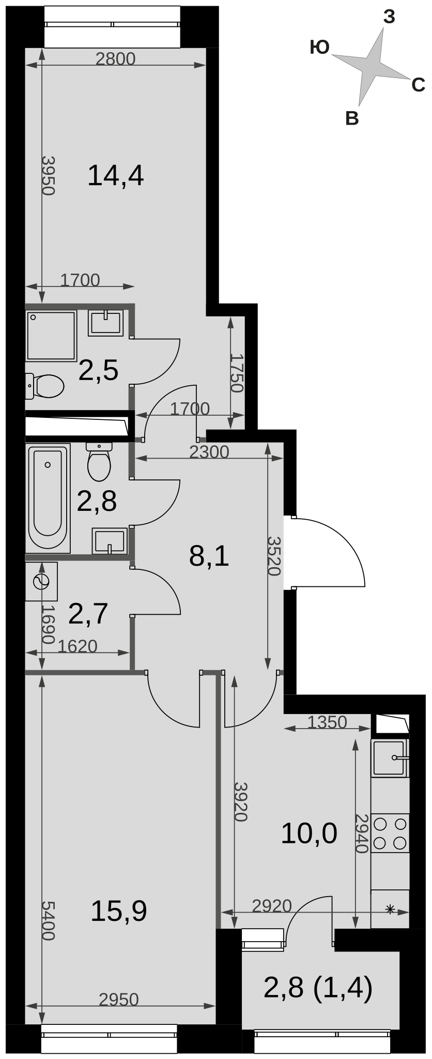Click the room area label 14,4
click(115, 175)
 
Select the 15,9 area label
click(118, 911)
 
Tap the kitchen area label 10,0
click(309, 834)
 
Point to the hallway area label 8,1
click(209, 556)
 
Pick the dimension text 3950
click(48, 175)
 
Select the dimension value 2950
click(119, 1000)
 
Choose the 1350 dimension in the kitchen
click(327, 721)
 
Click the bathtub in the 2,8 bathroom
click(49, 498)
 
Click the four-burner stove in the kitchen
click(390, 833)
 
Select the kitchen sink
click(390, 758)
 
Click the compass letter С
click(418, 85)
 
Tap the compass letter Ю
click(320, 48)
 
